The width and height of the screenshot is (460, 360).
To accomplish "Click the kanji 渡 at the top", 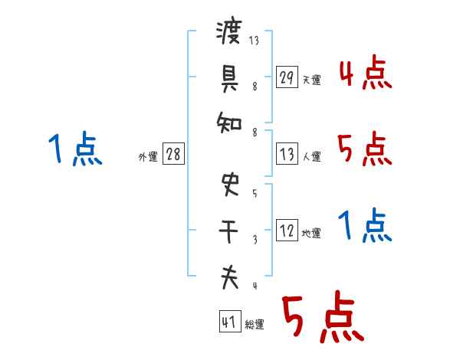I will tap(229, 33).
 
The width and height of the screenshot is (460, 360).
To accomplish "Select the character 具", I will tap(229, 77).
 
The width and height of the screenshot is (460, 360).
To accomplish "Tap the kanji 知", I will tap(229, 121).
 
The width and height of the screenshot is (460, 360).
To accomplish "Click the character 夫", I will tap(229, 277).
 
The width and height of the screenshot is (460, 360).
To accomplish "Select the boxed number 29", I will tap(287, 77).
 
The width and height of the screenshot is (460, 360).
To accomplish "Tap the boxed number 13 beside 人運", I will tap(287, 153).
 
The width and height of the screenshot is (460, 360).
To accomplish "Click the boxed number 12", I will tap(287, 231).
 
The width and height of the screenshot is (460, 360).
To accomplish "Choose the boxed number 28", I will tap(173, 154).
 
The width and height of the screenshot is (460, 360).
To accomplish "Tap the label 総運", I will tap(255, 324).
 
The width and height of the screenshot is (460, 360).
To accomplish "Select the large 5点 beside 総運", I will tap(321, 318).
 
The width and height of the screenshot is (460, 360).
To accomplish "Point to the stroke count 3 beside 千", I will tap(255, 238).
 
